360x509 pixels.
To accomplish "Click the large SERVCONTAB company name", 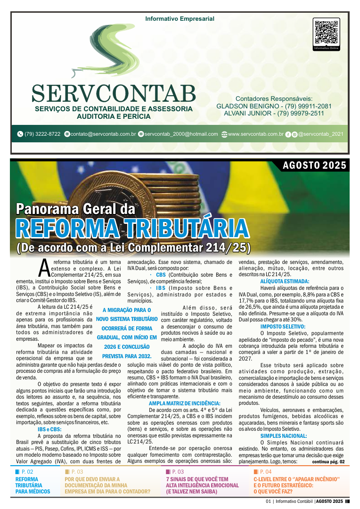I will (114, 93).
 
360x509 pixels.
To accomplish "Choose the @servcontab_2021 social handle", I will (320, 134).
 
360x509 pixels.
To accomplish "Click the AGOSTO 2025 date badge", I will (314, 165).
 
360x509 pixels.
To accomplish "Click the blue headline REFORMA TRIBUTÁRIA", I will (132, 228).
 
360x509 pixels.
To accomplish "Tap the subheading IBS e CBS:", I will (49, 429).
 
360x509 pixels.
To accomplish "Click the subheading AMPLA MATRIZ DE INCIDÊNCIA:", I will (184, 403).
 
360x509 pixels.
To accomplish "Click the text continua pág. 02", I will (328, 462).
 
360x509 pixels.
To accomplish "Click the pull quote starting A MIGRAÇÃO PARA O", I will (127, 333).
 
